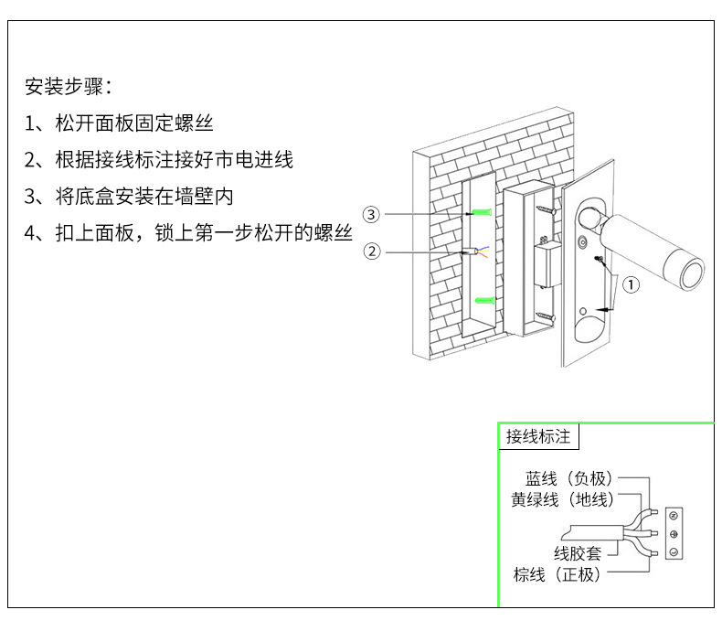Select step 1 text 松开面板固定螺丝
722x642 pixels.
tap(134, 123)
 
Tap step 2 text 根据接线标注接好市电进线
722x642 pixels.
tap(174, 159)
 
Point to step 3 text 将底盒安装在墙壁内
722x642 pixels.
tap(144, 196)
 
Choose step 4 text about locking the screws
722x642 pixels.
tap(204, 232)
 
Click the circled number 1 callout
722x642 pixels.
tap(631, 284)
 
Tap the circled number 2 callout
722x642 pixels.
tap(372, 251)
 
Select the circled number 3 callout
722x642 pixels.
tap(371, 214)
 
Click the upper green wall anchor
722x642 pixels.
tap(482, 212)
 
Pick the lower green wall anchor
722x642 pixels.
tap(485, 301)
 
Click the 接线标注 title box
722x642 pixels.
tap(538, 436)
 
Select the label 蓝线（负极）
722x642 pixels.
tap(569, 478)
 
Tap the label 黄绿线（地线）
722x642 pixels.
tap(562, 499)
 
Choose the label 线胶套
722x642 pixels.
tap(578, 553)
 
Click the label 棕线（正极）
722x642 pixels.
tap(557, 574)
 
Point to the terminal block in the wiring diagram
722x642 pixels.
tap(674, 534)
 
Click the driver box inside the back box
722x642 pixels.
tap(548, 265)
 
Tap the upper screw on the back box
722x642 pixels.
tap(547, 209)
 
